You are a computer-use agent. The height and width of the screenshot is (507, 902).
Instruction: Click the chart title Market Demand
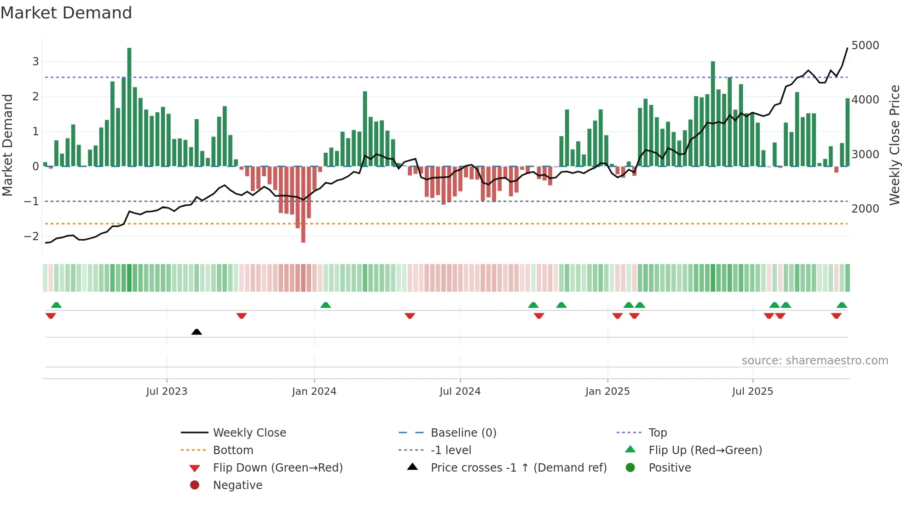point(66,13)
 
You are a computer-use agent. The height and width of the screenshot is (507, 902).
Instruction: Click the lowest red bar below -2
point(303,205)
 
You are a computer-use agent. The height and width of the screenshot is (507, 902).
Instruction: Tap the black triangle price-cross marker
point(197,332)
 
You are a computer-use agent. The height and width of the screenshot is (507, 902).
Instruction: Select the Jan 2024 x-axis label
point(314,392)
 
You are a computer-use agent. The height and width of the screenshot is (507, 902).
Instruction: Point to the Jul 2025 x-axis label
point(752,392)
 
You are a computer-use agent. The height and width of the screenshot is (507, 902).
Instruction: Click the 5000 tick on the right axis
point(865,46)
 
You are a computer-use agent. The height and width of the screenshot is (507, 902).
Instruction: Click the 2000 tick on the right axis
point(865,209)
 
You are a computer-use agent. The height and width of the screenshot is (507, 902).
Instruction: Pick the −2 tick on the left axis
point(31,236)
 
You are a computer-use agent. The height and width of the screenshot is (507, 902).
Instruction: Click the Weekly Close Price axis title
point(894,145)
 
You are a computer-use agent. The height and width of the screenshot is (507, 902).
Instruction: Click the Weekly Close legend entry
point(249,433)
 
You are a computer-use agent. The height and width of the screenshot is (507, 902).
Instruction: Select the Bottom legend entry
point(233,450)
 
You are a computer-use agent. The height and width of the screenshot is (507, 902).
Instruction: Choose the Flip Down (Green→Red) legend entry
point(278,468)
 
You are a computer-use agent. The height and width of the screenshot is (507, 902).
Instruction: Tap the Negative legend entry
point(237,485)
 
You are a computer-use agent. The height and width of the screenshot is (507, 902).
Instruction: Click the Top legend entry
point(657,433)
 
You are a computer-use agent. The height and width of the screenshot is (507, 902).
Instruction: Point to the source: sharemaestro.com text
point(815,361)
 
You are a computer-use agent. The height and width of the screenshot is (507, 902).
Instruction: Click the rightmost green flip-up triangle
point(842,305)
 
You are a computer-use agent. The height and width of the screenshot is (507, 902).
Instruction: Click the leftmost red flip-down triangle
point(51,316)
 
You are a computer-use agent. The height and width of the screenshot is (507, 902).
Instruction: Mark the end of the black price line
point(847,48)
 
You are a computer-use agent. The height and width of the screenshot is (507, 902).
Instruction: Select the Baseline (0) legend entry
point(463,433)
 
